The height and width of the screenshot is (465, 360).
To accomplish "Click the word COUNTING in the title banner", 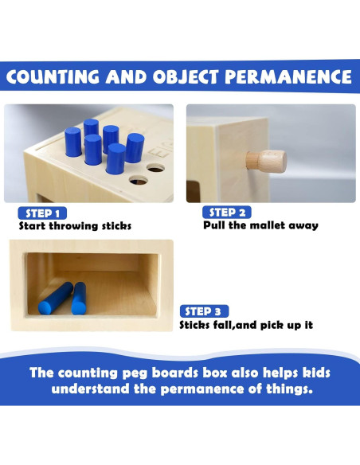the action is pos(53,76).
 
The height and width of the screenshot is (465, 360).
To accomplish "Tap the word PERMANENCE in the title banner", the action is pos(288,76).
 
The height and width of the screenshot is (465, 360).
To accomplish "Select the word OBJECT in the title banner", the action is pos(186,76).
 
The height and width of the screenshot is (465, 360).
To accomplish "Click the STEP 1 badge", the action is pos(42,213).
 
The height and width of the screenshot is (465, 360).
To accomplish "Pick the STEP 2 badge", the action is pos(227,213).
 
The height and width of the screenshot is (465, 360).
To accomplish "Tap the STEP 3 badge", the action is pos(204,311).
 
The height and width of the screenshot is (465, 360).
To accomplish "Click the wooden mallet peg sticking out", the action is pos(266,161).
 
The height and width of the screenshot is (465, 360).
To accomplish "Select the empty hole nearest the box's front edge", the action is pos(139,180).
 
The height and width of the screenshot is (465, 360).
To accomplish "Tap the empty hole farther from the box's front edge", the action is pos(155,168).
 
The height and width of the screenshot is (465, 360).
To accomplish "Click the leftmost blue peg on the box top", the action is pos(73,142).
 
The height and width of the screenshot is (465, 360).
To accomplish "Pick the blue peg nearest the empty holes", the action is pos(135,147).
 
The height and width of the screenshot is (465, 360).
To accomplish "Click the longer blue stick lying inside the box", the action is pos(56,298).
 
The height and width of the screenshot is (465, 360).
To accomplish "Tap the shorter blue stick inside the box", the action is pos(79,299).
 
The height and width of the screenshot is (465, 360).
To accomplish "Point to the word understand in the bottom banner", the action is pos(90,389).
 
